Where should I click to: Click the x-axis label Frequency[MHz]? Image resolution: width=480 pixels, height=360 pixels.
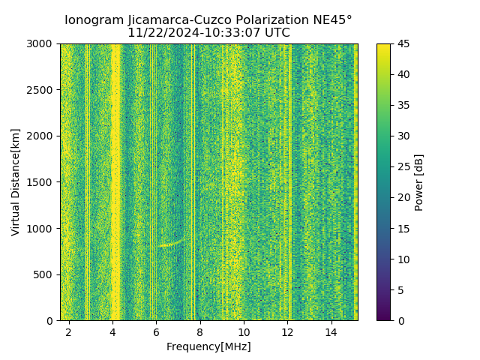pos(208,346)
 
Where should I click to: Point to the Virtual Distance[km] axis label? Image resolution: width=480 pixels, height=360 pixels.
pos(16,181)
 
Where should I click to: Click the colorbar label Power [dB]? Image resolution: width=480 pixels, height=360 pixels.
pos(419,182)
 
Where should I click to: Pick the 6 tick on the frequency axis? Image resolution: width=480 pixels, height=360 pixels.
pos(156,331)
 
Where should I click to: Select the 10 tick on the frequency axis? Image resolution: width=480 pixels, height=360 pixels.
pos(244,331)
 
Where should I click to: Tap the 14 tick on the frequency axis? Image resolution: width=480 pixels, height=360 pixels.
pos(331,331)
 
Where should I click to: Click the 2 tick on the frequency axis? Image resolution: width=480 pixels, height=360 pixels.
pos(68,331)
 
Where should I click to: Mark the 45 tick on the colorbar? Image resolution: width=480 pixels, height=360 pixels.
pos(403,43)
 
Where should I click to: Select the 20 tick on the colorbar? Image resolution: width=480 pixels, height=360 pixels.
pos(403,197)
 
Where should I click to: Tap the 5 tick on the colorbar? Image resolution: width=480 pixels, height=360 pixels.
pos(400,289)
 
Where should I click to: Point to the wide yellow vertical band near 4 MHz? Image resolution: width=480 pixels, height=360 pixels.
pos(115,180)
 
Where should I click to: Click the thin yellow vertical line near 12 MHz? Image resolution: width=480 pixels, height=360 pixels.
pos(290,180)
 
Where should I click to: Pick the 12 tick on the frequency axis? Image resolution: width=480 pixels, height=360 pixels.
pos(288,331)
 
